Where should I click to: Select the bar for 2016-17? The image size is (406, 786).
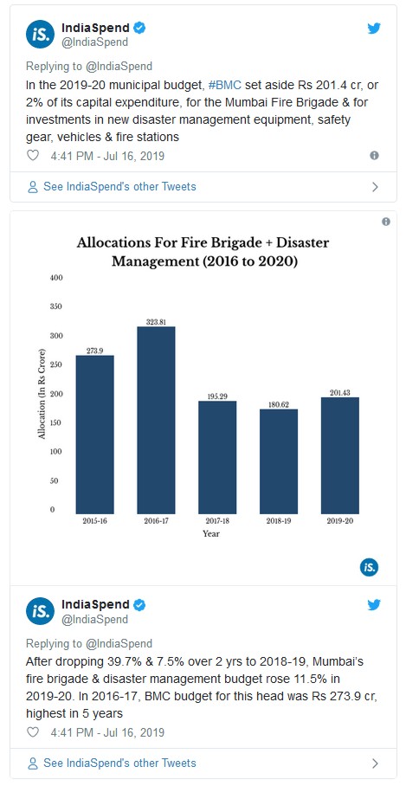pos(156,420)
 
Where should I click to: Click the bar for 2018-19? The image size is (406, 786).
pos(279,461)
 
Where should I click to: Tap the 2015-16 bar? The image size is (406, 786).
pos(94,435)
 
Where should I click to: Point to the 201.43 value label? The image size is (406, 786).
pos(340,392)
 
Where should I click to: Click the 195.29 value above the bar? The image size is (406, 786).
pos(217,396)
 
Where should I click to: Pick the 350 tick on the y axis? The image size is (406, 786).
pos(55,306)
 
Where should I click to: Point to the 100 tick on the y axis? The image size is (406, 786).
pos(55,452)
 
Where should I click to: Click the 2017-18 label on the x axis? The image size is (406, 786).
pos(217,521)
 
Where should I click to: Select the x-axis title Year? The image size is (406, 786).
pos(211,534)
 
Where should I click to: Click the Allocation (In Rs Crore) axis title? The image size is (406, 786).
pos(42,397)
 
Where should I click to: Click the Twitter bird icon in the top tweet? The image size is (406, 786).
pos(374,28)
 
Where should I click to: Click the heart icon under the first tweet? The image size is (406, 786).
pos(33,156)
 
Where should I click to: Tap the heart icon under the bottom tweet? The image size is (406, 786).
pos(33,732)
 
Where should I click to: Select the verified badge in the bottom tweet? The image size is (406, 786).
pos(139,605)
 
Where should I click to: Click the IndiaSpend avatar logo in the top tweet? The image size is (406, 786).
pos(40,35)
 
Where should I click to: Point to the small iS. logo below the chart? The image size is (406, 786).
pos(369,568)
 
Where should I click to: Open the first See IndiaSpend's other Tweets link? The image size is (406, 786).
pos(112,187)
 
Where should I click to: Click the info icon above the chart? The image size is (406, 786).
pos(386,222)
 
